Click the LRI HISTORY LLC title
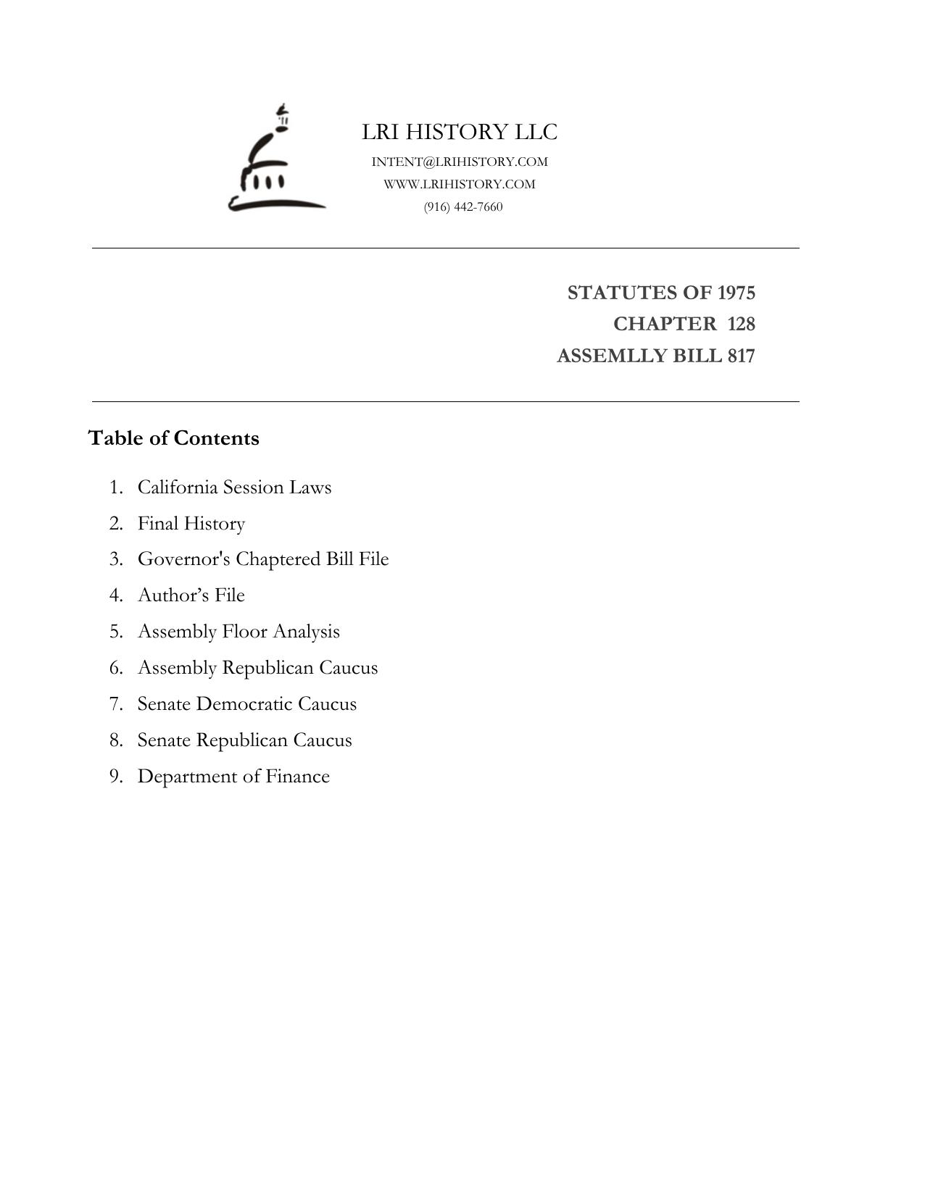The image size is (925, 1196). pos(460,132)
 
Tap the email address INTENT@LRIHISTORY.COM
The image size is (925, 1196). pos(460,162)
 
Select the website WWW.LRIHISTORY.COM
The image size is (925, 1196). pos(460,184)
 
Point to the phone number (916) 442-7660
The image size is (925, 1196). pos(463,206)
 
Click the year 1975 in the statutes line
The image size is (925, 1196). pos(736,293)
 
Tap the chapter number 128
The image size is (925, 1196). pos(741,324)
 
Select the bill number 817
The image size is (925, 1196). pos(742,356)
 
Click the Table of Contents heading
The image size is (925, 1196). pos(173,438)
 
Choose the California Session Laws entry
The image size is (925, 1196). pos(234,487)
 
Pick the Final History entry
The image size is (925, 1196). pos(191,523)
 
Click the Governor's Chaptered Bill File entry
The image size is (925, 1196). pos(263,559)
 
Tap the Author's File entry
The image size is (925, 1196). pos(191,595)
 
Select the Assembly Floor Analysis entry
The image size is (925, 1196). pos(238,631)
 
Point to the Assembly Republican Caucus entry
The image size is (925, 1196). pos(257,667)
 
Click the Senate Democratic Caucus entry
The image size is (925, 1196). pos(247,703)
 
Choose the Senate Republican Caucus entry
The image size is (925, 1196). pos(244,740)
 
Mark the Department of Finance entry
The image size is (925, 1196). pos(233,776)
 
